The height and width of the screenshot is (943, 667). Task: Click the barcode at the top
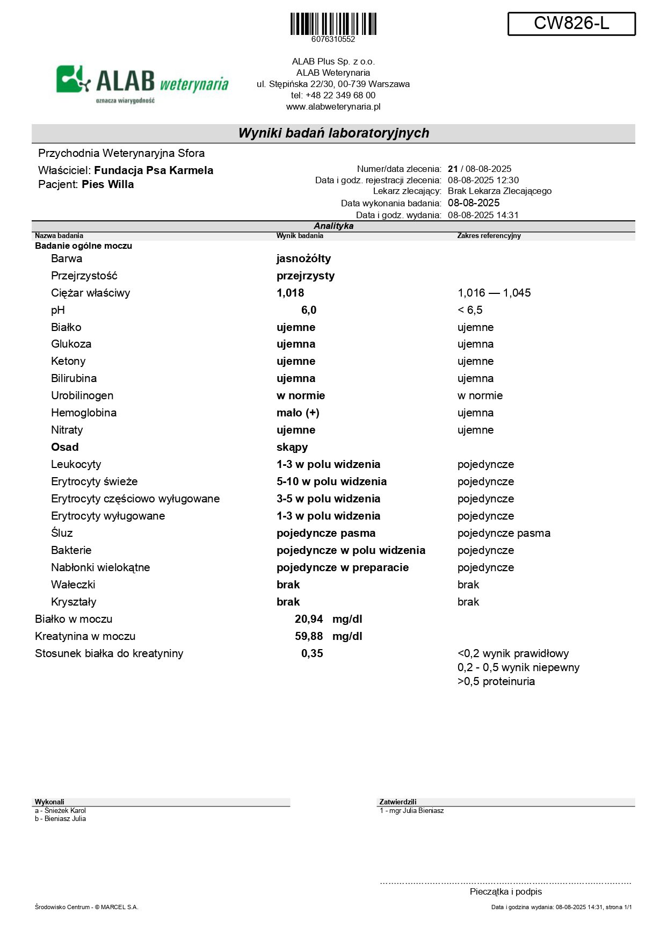click(333, 24)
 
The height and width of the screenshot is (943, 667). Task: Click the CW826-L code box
click(571, 24)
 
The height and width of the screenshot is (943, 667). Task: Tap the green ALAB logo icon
click(73, 79)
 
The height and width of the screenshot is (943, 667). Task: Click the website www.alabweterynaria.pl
click(333, 106)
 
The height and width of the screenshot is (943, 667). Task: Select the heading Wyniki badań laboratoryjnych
click(334, 133)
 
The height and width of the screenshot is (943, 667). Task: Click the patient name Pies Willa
click(107, 184)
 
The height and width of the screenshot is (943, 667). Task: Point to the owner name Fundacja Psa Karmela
click(154, 170)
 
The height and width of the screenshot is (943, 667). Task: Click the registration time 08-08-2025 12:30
click(483, 180)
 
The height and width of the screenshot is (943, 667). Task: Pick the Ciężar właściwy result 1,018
click(290, 293)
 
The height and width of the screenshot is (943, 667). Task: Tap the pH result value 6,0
click(308, 310)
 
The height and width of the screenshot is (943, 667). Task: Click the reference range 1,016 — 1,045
click(494, 293)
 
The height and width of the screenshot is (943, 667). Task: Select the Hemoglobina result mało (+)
click(298, 413)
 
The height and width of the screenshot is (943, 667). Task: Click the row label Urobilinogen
click(82, 395)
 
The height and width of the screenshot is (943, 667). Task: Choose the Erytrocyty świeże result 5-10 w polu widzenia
click(331, 481)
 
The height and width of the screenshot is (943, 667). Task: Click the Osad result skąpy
click(292, 447)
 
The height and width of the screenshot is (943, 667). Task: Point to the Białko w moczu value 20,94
click(309, 619)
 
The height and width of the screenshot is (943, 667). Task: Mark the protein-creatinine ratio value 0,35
click(312, 653)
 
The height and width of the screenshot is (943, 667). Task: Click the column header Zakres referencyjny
click(489, 235)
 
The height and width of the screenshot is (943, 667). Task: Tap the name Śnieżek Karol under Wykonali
click(65, 810)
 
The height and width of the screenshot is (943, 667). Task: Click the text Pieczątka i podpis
click(505, 891)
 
